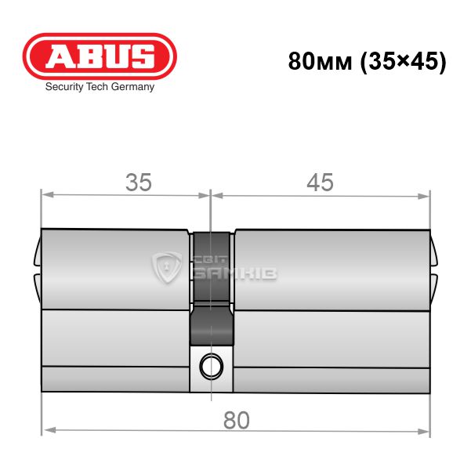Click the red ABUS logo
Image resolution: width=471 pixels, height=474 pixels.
click(x=100, y=56)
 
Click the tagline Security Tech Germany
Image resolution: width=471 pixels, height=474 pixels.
click(x=100, y=87)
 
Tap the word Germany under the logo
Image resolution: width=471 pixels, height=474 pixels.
click(x=132, y=87)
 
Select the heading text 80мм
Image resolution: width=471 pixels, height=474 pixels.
click(x=321, y=61)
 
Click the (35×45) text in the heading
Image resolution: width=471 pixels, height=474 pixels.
click(x=404, y=62)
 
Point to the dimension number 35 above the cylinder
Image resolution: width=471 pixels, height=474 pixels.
click(x=139, y=183)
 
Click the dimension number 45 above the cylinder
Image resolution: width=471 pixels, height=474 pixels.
click(x=321, y=183)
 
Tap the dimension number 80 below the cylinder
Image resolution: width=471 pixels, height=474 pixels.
click(x=237, y=420)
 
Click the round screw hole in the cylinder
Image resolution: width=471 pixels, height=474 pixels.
click(x=212, y=367)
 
